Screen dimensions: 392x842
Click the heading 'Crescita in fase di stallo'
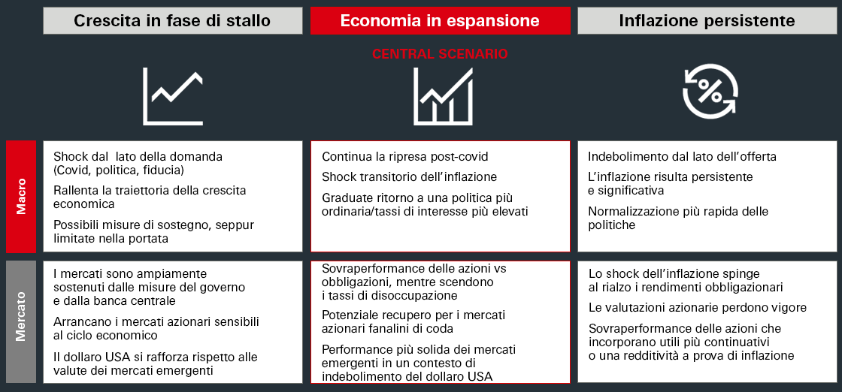172,20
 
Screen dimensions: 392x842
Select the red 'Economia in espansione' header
440,20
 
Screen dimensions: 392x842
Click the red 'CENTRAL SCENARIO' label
440,54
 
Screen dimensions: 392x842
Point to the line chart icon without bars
173,96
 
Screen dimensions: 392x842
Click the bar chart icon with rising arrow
442,96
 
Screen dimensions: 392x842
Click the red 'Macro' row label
21,196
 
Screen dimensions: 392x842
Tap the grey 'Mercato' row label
21,321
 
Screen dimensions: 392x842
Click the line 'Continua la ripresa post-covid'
404,157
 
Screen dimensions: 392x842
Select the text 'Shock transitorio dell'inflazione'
409,177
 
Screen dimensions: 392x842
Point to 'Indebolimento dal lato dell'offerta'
682,157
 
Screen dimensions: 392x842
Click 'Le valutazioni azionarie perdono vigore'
697,307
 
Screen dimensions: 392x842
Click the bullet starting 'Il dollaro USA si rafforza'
155,363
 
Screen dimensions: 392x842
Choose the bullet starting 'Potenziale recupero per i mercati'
414,321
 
